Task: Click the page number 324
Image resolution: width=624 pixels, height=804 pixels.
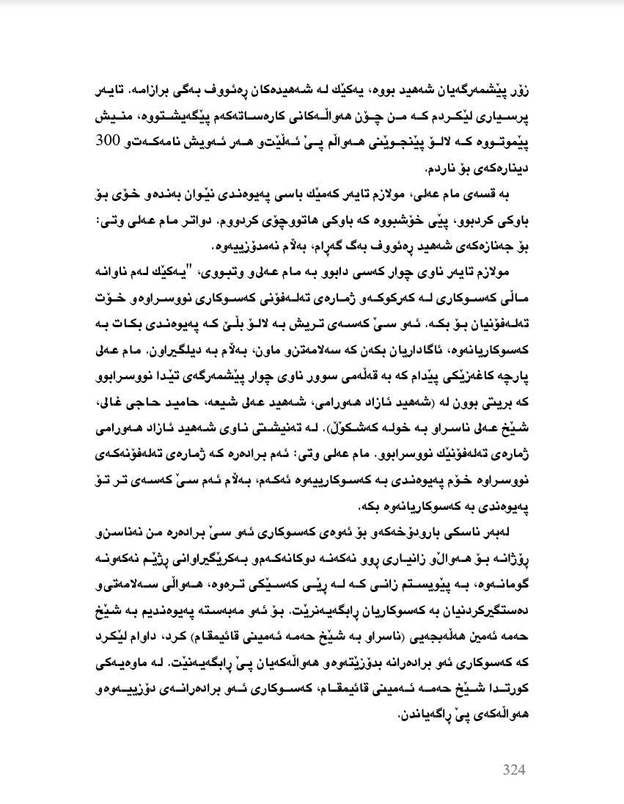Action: pyautogui.click(x=514, y=770)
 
